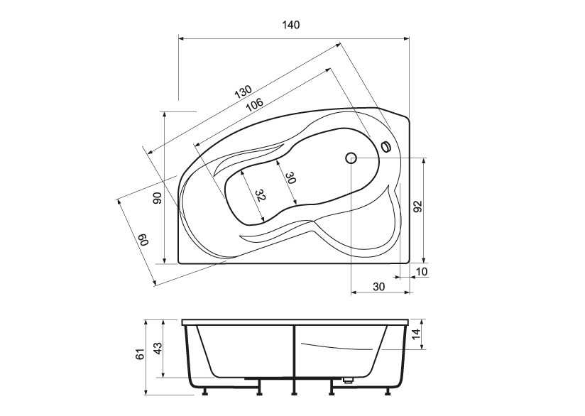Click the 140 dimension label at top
pos(290,25)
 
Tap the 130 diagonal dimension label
pos(244,92)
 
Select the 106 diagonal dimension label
pos(255,104)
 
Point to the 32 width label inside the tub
pos(260,195)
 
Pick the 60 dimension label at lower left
pos(144,240)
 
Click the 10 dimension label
pos(422,272)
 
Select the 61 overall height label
pos(140,354)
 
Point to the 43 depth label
pos(158,349)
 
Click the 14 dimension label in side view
pos(417,332)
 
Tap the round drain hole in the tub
pos(351,158)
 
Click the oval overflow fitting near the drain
pos(386,147)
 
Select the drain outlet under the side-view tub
pos(348,381)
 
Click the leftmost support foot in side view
pos(204,391)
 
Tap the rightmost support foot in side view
pos(388,391)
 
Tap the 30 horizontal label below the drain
pos(378,287)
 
